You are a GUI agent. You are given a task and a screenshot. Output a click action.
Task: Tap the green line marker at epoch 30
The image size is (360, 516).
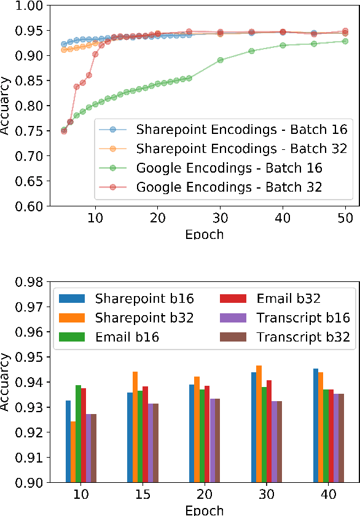(x=220, y=60)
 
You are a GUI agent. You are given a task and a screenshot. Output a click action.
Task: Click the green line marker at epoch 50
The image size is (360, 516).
(x=345, y=41)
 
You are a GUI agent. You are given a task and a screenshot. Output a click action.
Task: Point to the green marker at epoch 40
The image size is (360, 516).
(x=283, y=45)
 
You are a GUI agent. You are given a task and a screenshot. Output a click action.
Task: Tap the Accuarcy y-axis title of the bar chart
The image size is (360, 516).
(x=6, y=382)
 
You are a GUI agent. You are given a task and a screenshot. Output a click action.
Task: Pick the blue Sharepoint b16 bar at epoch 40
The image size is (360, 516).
(x=316, y=425)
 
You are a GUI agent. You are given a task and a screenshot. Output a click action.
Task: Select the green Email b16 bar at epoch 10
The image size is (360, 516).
(x=79, y=434)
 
